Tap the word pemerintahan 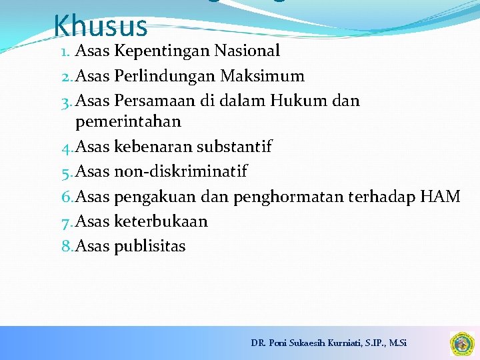pyautogui.click(x=128, y=122)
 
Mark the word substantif pyautogui.click(x=234, y=147)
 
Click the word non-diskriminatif pyautogui.click(x=181, y=172)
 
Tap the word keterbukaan pyautogui.click(x=161, y=221)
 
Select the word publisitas pyautogui.click(x=150, y=247)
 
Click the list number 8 pyautogui.click(x=66, y=247)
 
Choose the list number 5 pyautogui.click(x=66, y=172)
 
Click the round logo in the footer pyautogui.click(x=461, y=343)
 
